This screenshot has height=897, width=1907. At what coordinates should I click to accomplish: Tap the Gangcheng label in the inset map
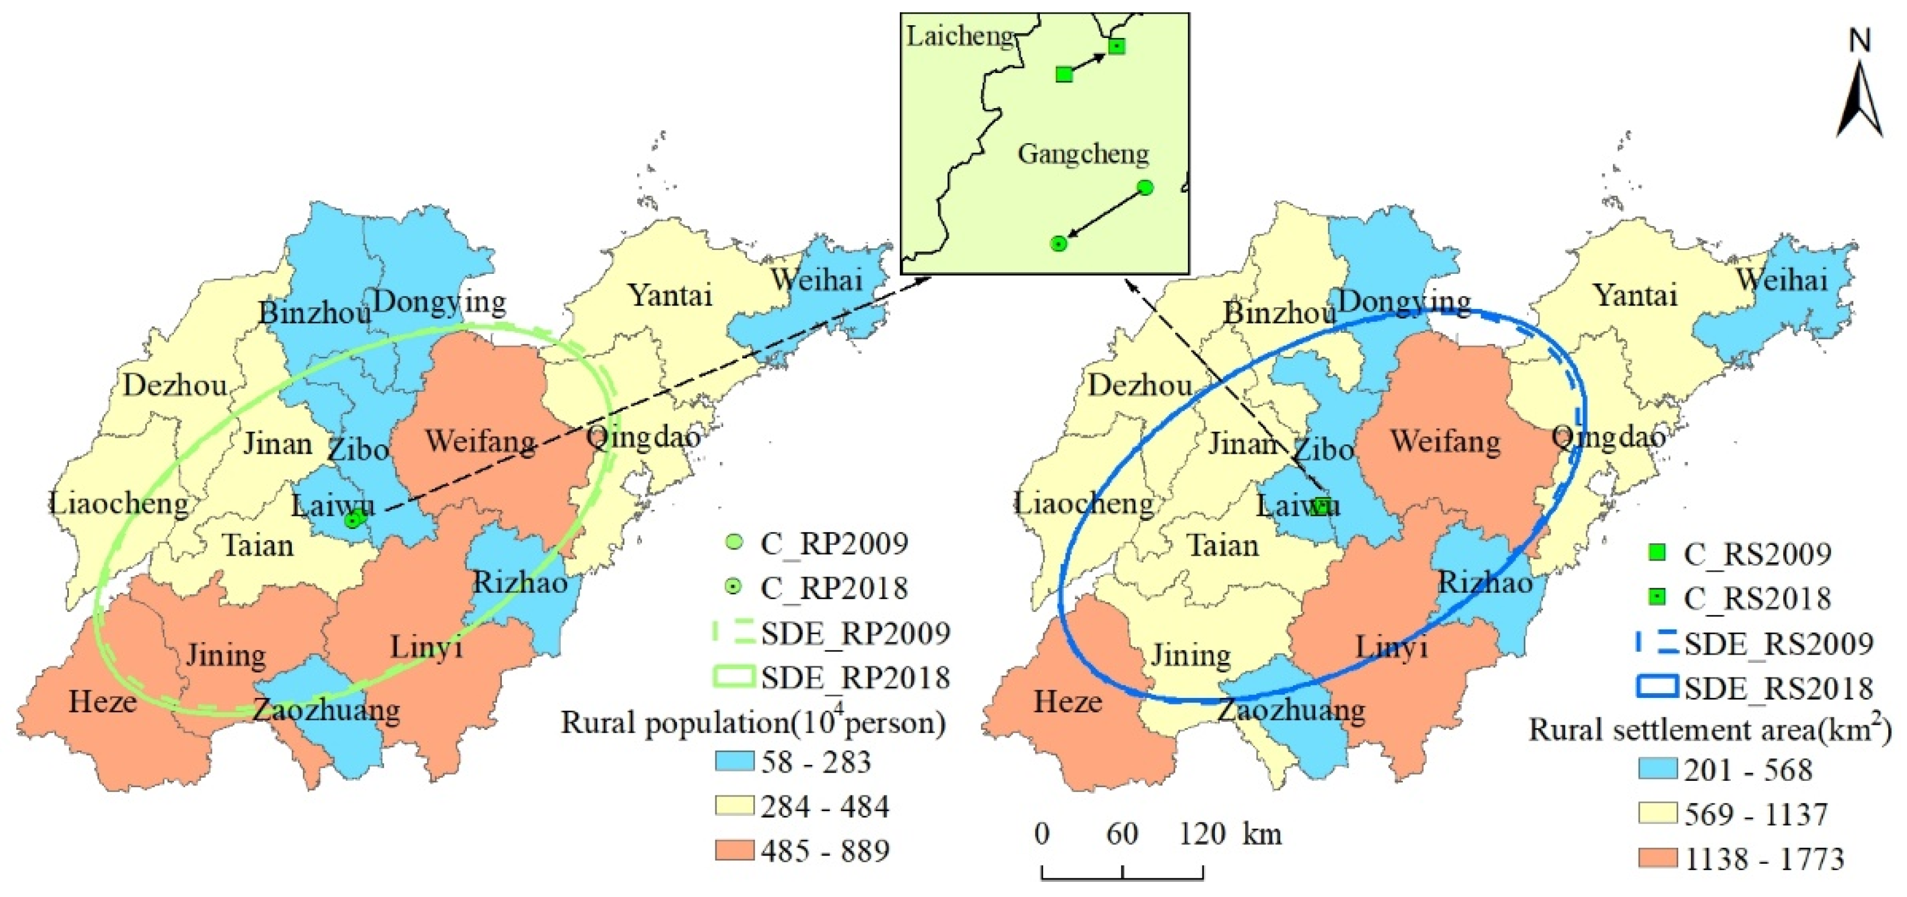coord(1083,154)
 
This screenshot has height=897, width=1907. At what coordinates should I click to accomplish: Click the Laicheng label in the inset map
coord(959,36)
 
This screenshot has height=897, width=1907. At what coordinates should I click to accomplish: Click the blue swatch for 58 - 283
coord(734,762)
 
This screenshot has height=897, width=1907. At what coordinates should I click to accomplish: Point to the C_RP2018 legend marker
coord(733,587)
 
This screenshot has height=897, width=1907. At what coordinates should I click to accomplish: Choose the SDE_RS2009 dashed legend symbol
coord(1657,643)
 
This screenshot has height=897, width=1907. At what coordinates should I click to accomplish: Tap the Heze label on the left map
coord(102,701)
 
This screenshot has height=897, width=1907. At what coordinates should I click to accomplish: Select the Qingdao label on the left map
coord(642,437)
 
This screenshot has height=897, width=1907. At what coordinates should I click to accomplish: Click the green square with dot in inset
coord(1116,47)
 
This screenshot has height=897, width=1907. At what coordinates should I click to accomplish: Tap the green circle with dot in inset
coord(1059,244)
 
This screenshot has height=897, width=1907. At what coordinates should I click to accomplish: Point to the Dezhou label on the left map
coord(174,385)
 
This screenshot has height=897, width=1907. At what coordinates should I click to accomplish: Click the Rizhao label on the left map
coord(520,583)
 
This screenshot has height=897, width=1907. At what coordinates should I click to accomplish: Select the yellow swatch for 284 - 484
coord(734,806)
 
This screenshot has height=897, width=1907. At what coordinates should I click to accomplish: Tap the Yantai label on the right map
coord(1634,295)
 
